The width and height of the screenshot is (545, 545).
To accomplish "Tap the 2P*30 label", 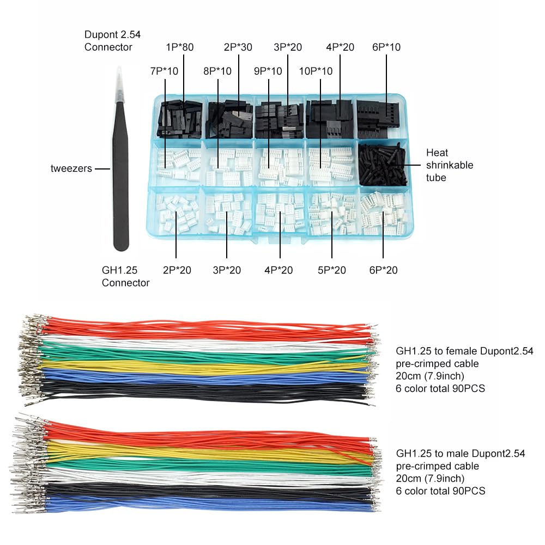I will tap(238, 47).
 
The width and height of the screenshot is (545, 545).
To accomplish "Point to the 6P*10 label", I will tap(386, 47).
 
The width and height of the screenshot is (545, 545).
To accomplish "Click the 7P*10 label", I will tap(164, 71).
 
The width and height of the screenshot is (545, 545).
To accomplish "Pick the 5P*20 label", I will tap(331, 270).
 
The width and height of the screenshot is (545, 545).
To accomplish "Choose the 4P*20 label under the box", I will tap(278, 270).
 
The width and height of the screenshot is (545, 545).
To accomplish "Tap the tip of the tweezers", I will tap(117, 71).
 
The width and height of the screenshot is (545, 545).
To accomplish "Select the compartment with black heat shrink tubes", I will tap(383, 163).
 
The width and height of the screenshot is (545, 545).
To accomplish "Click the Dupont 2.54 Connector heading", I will tap(112, 41).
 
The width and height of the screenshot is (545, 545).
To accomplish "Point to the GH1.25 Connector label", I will tap(125, 276).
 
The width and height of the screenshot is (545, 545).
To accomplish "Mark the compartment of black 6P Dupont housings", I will tap(383, 117).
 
